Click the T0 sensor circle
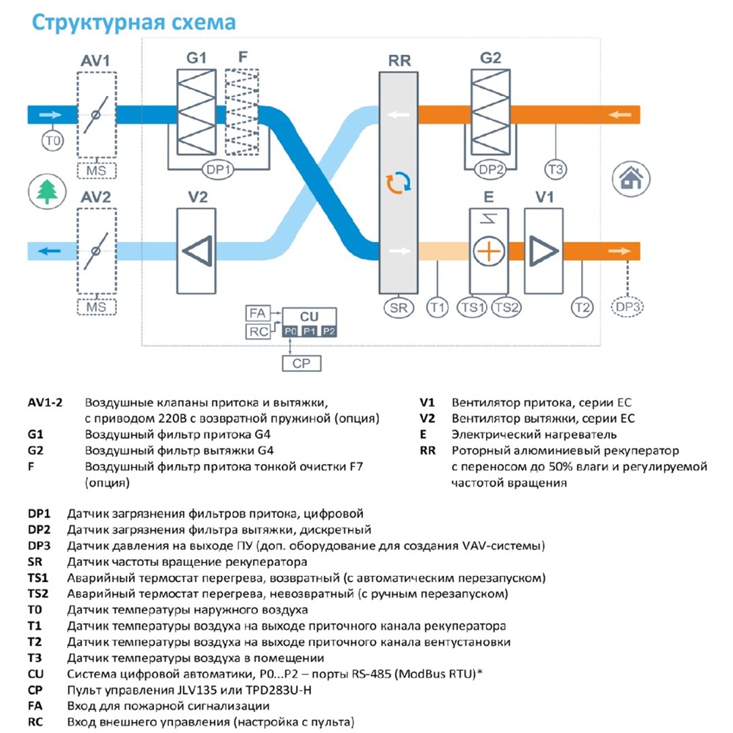(52, 141)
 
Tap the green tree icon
(47, 191)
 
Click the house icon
(631, 179)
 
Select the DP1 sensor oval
(218, 170)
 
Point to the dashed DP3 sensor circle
(627, 307)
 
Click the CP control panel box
(301, 364)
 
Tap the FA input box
(257, 313)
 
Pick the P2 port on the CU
(328, 331)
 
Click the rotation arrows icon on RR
(398, 183)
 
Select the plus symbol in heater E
(489, 251)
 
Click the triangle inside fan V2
(198, 251)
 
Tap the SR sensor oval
(399, 308)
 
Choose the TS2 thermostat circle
(507, 308)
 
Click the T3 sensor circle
(556, 169)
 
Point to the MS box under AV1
(96, 171)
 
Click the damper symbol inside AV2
(96, 251)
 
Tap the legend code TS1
(38, 578)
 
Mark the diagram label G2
(490, 58)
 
